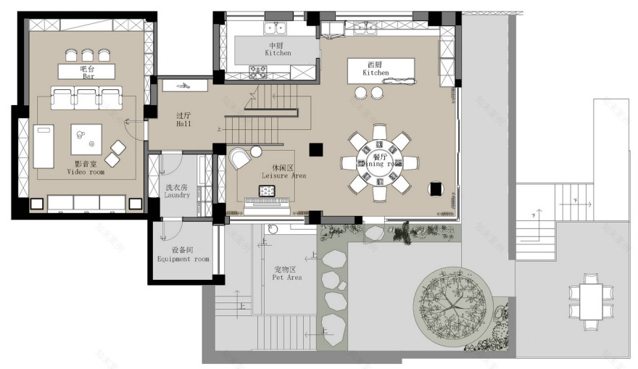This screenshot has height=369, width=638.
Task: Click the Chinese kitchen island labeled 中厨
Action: [276, 49]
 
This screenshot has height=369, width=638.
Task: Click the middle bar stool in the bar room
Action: [88, 54]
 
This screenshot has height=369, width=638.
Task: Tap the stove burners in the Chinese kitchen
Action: [259, 70]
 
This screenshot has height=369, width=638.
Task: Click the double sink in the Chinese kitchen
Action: [275, 28]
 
